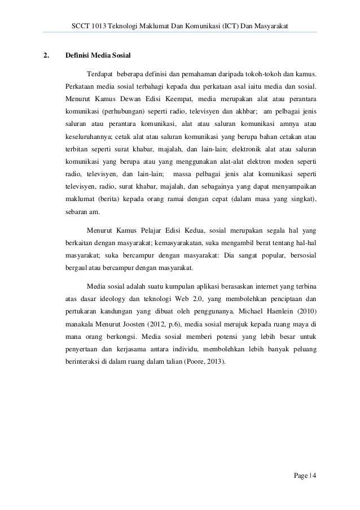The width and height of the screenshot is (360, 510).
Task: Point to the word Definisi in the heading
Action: [77, 56]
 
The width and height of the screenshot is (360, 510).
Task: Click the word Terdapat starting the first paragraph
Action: [99, 75]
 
